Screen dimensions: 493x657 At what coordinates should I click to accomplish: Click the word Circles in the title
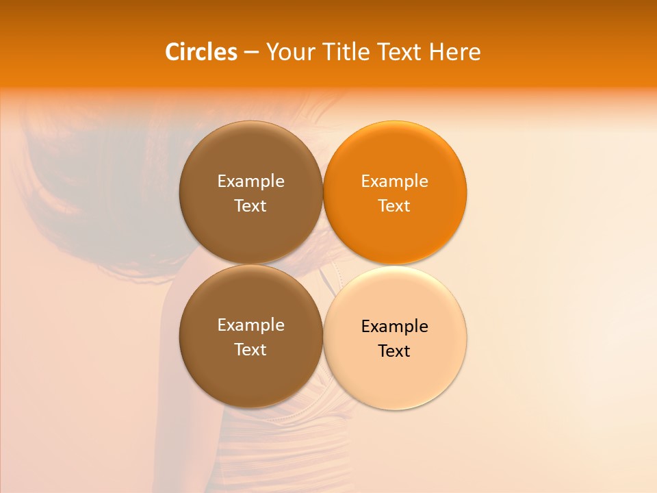201,52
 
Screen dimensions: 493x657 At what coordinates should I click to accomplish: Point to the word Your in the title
290,52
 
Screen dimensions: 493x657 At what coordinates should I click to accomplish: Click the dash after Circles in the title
251,53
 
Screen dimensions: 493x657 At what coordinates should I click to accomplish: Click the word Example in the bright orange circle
395,181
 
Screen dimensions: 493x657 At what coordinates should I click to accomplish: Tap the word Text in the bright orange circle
395,205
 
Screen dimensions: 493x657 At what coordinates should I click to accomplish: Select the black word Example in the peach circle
395,326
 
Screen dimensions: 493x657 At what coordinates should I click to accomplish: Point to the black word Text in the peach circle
395,351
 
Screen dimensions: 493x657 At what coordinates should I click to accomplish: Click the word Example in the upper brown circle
250,181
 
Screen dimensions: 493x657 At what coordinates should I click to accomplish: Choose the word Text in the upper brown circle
250,205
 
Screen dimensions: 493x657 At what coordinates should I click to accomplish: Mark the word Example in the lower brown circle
250,325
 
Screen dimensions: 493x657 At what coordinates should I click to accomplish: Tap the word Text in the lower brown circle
250,349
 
